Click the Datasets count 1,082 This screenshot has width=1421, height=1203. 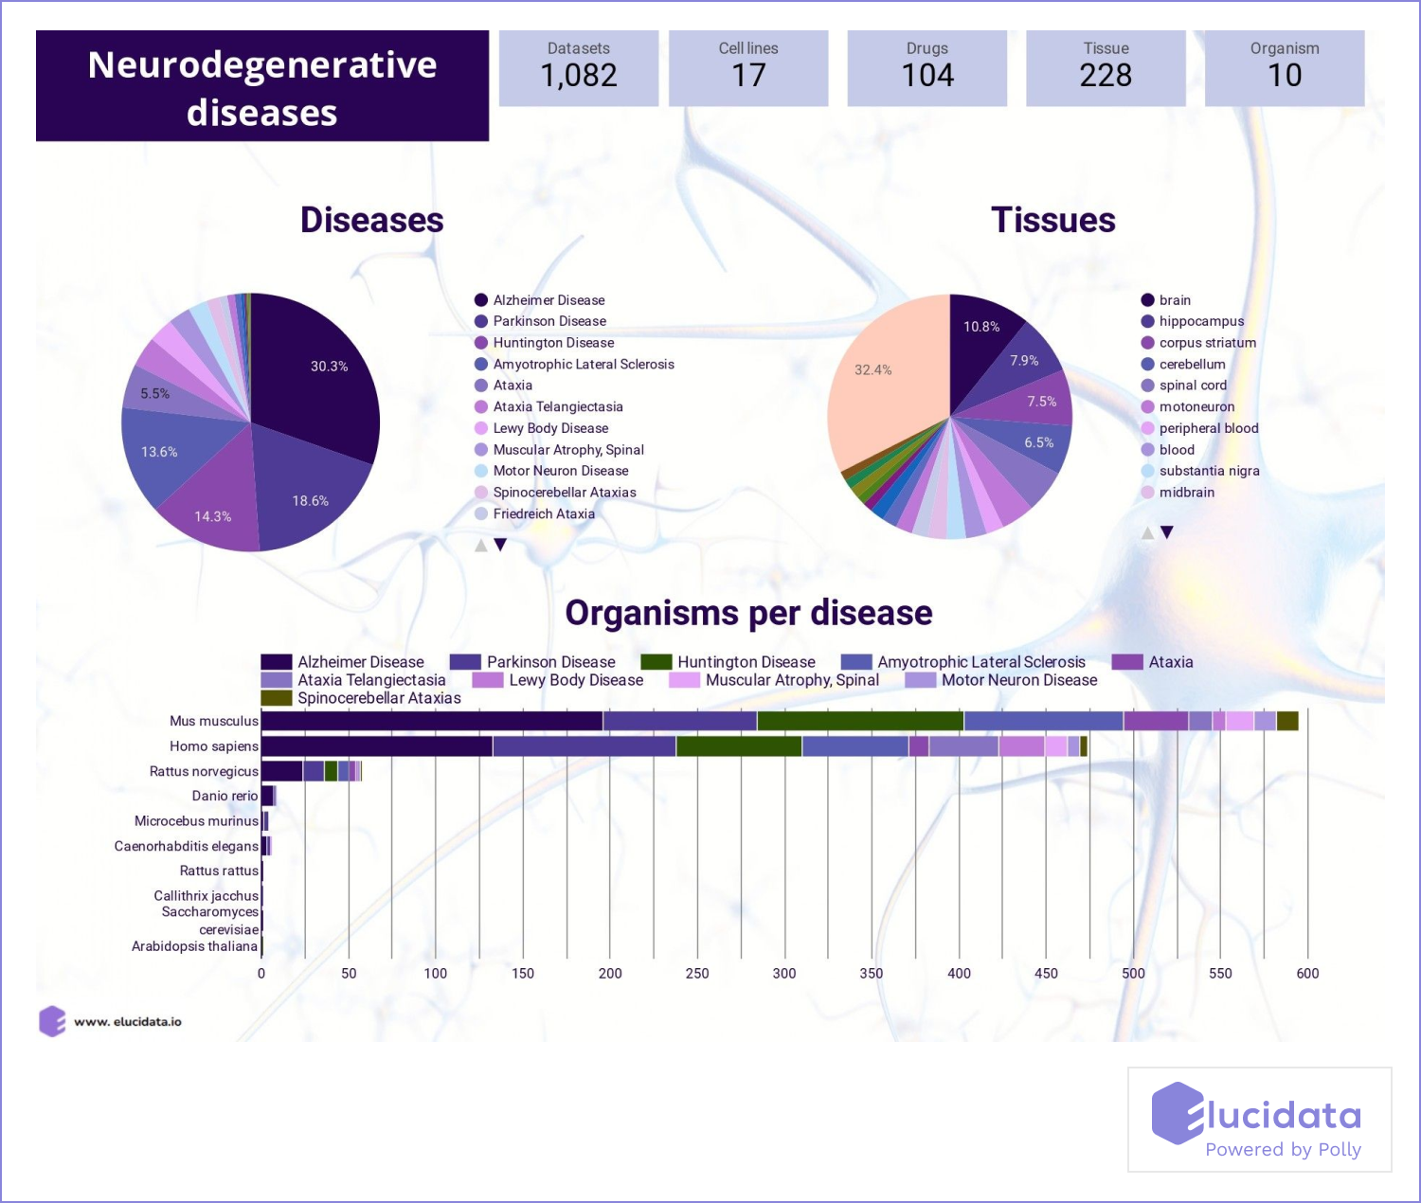579,76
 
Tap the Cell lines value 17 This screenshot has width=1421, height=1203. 748,76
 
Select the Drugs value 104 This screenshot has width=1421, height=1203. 927,76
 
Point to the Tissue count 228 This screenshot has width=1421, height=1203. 1106,76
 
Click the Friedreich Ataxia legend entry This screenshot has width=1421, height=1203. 544,514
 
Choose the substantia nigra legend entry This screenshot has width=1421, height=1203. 1209,471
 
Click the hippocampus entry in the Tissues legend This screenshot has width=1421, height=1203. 1201,321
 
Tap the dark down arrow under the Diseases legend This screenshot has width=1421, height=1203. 500,545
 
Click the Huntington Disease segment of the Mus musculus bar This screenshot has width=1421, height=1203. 860,721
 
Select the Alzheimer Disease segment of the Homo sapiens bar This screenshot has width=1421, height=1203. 377,746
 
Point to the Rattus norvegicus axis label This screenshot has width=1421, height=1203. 204,771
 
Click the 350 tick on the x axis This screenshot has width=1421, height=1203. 872,973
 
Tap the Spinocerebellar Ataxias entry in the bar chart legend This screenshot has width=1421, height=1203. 379,698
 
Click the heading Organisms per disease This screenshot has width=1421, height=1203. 748,613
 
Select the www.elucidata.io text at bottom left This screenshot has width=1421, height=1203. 128,1022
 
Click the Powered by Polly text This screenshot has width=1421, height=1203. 1283,1149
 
